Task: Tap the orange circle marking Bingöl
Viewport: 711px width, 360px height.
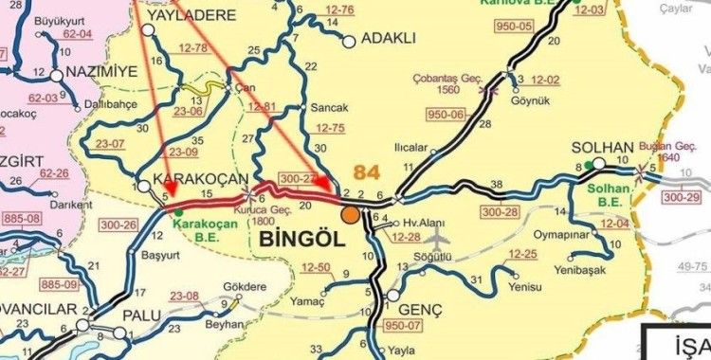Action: pyautogui.click(x=351, y=215)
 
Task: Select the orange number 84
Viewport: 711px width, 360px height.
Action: pyautogui.click(x=371, y=173)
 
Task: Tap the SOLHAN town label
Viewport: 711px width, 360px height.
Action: pyautogui.click(x=603, y=150)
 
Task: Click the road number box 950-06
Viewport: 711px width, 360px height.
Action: pyautogui.click(x=447, y=115)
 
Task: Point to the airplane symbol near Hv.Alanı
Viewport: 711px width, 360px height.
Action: pyautogui.click(x=437, y=234)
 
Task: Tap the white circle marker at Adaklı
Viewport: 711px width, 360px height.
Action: pyautogui.click(x=349, y=40)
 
